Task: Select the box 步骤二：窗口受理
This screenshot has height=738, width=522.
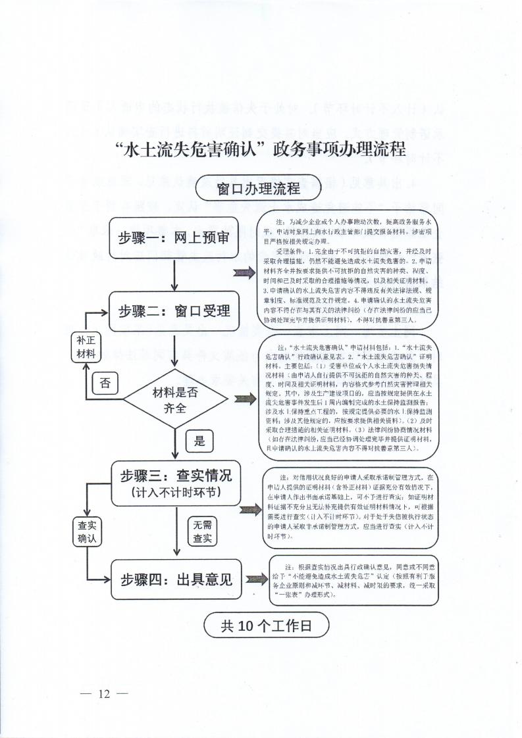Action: click(174, 310)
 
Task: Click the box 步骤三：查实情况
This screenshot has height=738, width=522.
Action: click(174, 482)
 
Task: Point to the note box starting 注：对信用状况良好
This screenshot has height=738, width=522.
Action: click(351, 509)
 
